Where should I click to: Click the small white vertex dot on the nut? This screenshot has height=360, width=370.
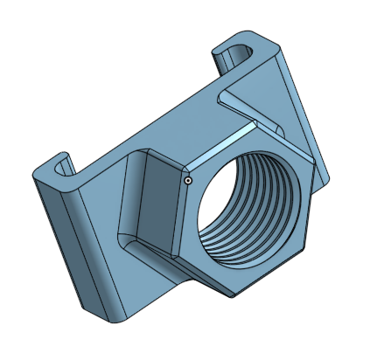(x=187, y=180)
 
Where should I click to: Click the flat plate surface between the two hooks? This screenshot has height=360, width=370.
(x=149, y=122)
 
